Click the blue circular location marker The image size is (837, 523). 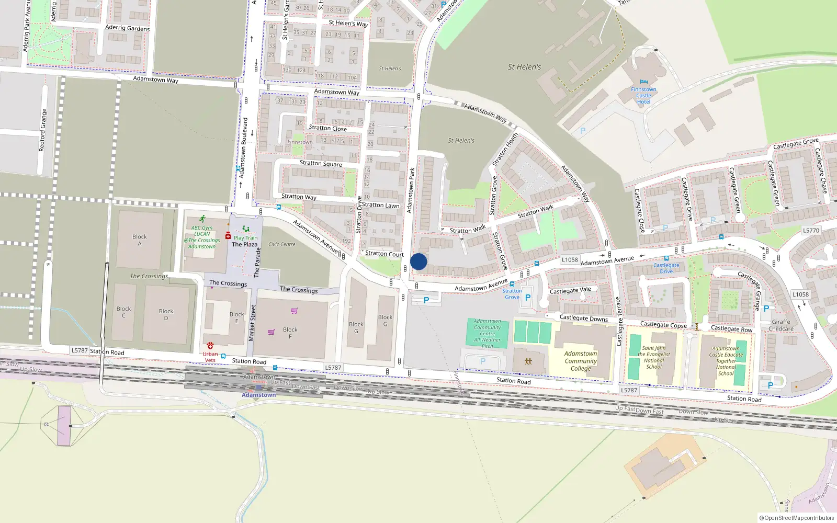(418, 261)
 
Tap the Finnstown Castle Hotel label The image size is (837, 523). (643, 96)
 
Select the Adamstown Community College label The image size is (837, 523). (581, 361)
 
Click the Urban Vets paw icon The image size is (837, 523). (210, 346)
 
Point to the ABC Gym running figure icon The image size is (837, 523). (202, 219)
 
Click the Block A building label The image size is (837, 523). (140, 240)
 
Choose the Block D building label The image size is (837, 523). (166, 314)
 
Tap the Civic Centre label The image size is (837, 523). (282, 244)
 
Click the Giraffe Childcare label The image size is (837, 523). (781, 325)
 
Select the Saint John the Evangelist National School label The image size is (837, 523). (654, 357)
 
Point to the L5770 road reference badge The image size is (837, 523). (811, 230)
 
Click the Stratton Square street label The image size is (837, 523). (321, 163)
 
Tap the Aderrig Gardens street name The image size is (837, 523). (127, 28)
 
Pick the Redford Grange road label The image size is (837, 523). (43, 130)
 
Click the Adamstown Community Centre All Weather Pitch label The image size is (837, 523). (487, 334)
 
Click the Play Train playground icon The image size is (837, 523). (245, 230)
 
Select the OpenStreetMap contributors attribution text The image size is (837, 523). (797, 518)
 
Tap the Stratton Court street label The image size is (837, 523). (384, 254)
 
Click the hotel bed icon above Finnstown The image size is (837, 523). (643, 82)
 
